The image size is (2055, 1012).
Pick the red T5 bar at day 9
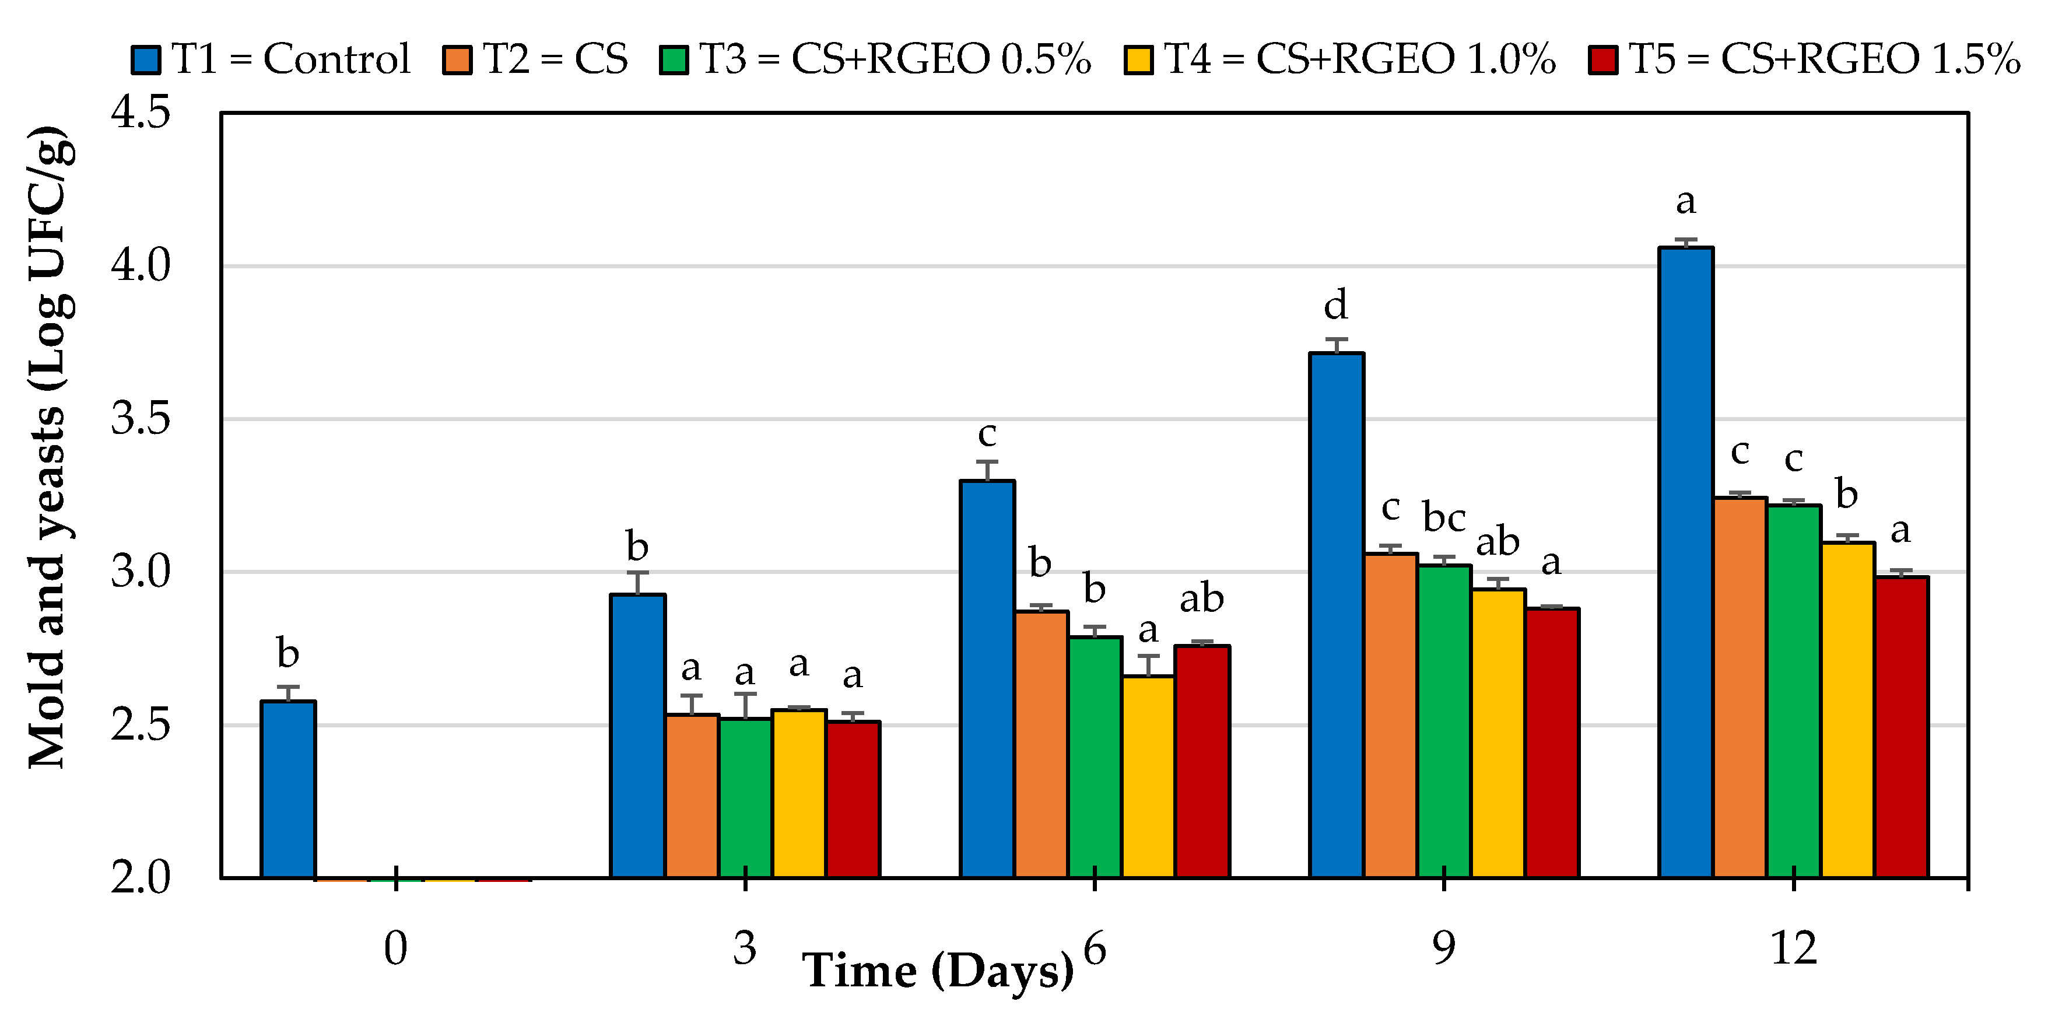1552,743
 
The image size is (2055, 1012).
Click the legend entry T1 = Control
271,59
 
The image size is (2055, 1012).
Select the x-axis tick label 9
1443,948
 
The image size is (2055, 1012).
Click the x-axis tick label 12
1793,948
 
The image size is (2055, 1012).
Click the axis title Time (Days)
938,971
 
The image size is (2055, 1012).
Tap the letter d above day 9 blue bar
1335,305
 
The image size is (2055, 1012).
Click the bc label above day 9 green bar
1443,517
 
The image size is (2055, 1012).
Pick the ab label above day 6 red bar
1201,598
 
